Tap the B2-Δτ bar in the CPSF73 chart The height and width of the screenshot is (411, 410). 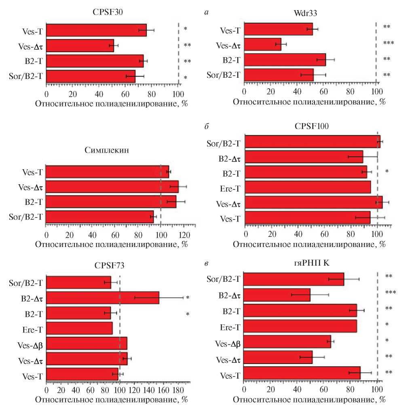coord(103,298)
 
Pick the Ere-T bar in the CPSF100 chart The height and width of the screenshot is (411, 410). coord(308,187)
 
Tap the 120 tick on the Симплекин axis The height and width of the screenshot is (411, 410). coord(184,235)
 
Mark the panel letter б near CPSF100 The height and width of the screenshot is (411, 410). coord(207,127)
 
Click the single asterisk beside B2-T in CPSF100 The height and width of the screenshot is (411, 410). coord(387,172)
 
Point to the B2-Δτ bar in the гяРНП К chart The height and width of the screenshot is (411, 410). coord(277,295)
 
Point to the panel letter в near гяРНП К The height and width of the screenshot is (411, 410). coord(207,264)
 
